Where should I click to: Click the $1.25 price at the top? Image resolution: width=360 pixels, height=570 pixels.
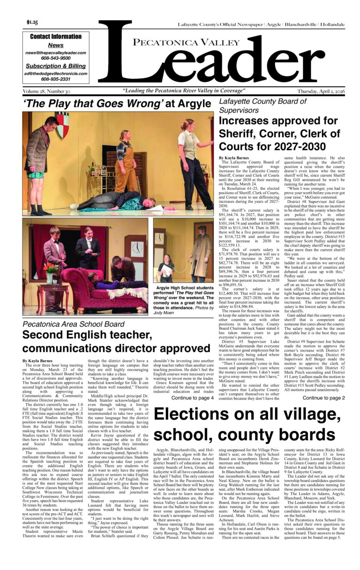(x=32, y=22)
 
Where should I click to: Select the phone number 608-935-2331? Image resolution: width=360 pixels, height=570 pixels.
(x=56, y=79)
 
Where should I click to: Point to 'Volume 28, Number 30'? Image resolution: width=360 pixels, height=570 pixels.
(x=46, y=91)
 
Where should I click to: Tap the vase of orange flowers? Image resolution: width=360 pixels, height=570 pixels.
(x=50, y=270)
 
